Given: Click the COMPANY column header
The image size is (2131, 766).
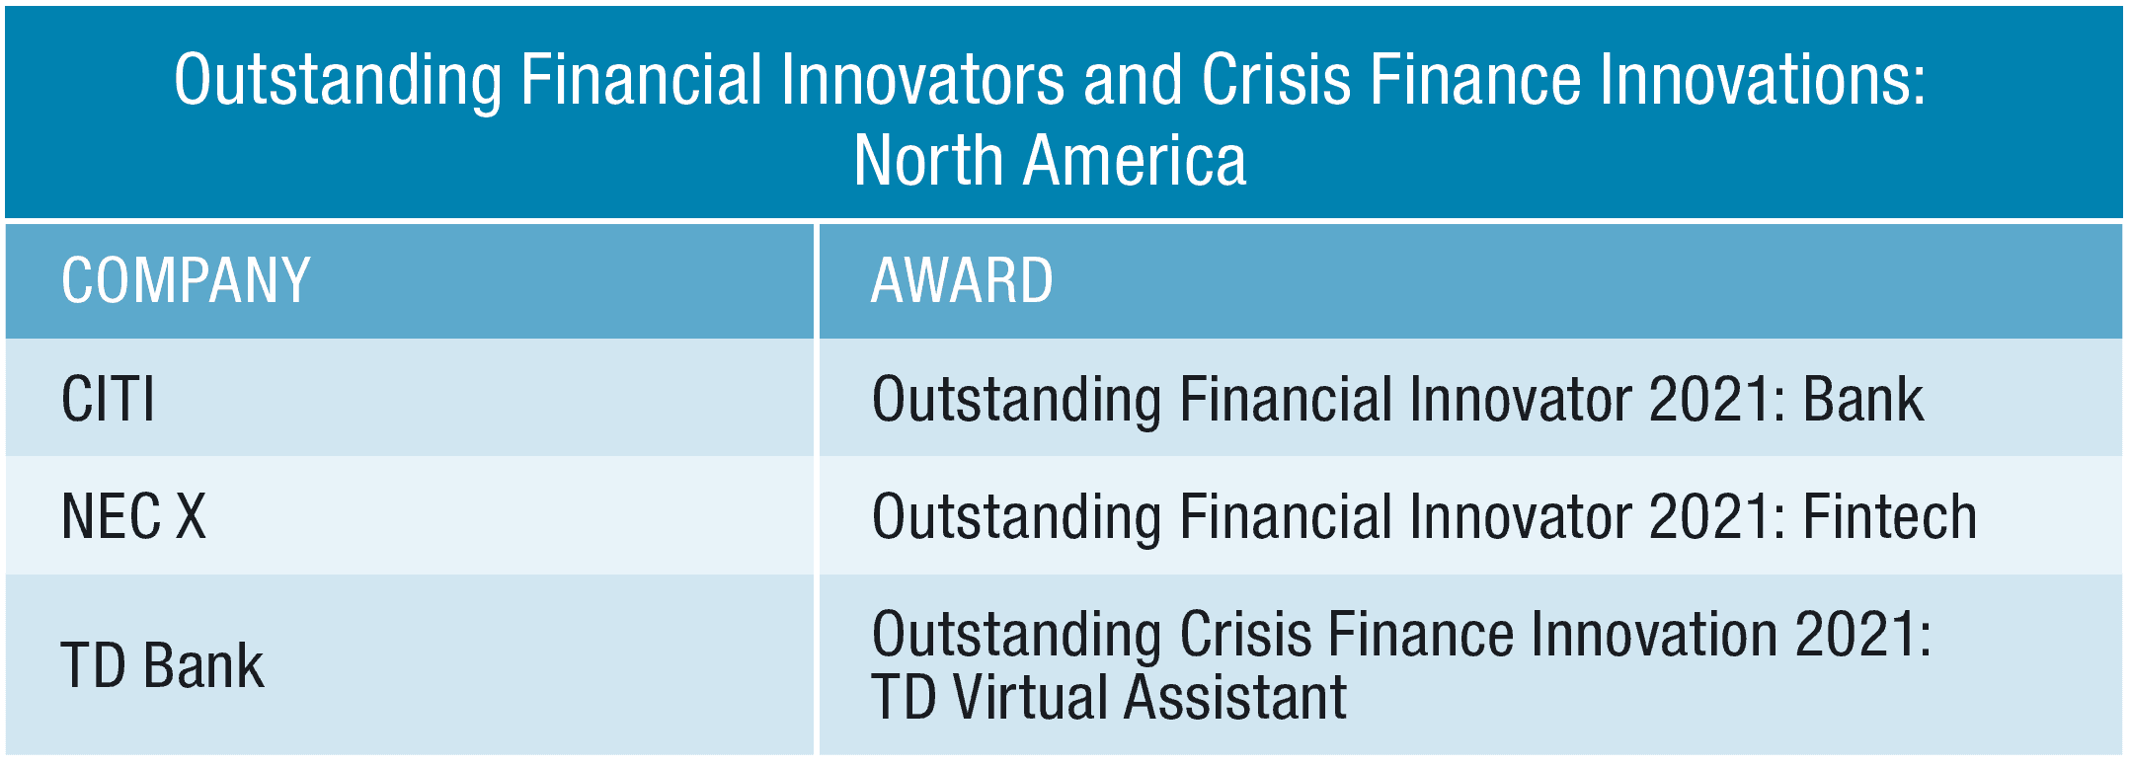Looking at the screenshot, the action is (x=186, y=280).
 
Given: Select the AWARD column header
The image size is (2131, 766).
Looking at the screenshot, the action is (x=962, y=280).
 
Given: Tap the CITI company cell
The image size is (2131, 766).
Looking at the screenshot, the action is (x=109, y=399).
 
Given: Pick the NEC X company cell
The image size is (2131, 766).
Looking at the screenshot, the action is (x=133, y=516).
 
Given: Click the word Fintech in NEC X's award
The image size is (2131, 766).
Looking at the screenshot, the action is (x=1890, y=516).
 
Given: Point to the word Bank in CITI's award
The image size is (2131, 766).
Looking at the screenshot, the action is (x=1863, y=399).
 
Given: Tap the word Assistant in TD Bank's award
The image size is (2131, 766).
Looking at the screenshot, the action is (x=1234, y=697).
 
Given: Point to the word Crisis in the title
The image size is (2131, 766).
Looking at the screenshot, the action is (x=1276, y=80).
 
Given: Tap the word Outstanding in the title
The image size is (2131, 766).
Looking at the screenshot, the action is (x=338, y=80).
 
